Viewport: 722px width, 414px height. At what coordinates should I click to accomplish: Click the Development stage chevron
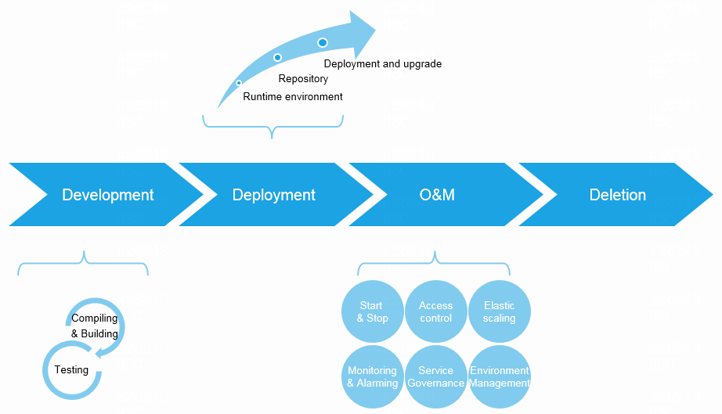(108, 195)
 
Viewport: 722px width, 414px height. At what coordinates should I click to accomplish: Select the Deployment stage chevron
(274, 195)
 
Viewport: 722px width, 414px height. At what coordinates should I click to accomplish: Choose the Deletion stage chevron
(618, 195)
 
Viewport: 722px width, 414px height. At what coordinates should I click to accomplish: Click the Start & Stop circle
(373, 311)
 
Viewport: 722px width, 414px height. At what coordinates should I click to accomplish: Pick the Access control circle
(436, 311)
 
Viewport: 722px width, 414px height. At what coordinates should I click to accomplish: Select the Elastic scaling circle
(500, 311)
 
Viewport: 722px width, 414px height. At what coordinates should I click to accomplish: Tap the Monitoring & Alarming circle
(373, 376)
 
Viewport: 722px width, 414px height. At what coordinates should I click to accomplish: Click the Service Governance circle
(436, 376)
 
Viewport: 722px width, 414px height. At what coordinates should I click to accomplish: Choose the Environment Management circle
(500, 376)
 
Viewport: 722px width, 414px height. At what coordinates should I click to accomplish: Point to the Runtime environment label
(293, 97)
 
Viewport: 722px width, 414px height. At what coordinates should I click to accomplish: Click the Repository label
(303, 79)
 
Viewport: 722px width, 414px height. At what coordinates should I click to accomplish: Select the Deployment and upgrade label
(383, 63)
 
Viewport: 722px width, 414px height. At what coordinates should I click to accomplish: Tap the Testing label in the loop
(71, 369)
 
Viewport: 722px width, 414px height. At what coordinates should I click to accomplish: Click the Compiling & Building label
(95, 326)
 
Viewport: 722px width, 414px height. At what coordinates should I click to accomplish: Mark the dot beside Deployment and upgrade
(323, 42)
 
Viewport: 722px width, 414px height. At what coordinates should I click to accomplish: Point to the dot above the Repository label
(277, 58)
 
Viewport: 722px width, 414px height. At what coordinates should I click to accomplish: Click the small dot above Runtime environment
(239, 82)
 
